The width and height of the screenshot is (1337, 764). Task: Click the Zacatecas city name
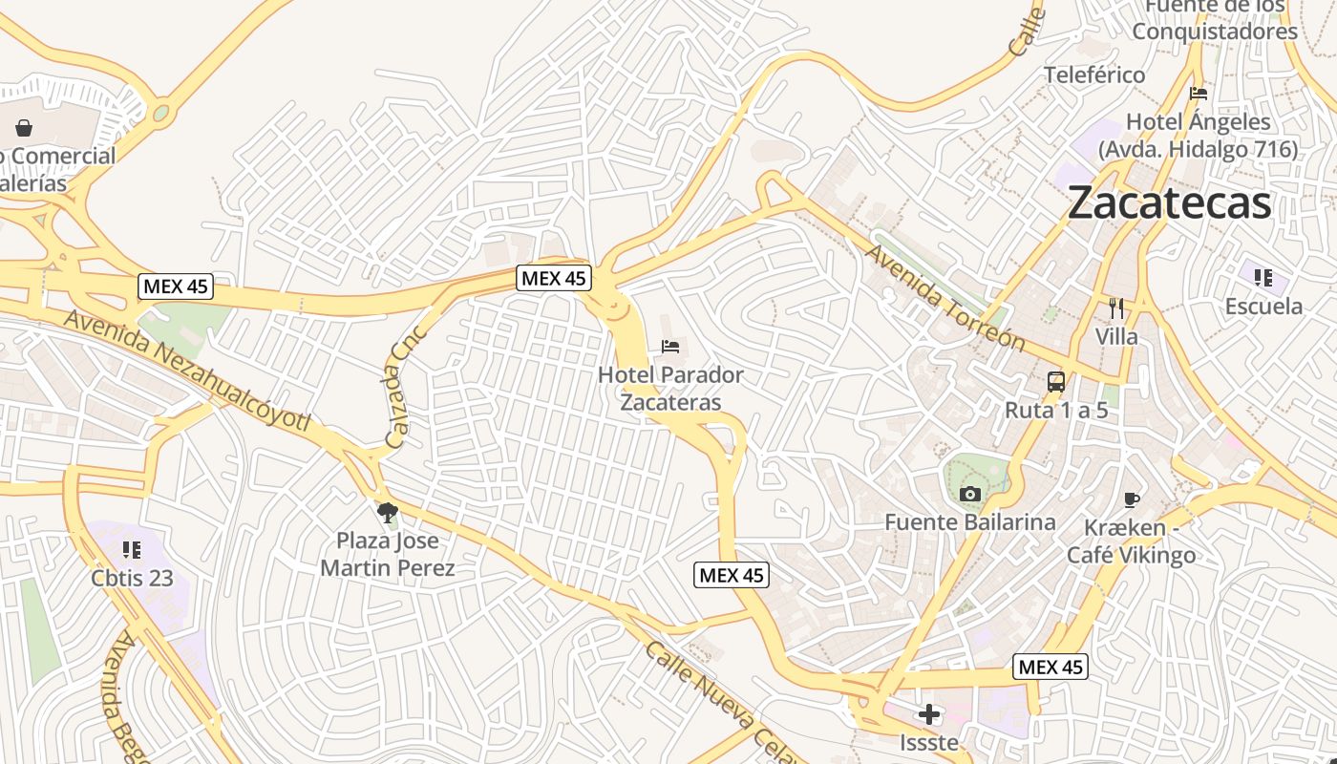1169,202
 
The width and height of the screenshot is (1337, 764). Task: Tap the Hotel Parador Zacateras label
670,388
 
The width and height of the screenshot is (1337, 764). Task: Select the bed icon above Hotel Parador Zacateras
670,346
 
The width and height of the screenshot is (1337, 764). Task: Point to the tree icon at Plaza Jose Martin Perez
387,514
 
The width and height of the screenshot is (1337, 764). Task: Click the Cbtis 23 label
133,578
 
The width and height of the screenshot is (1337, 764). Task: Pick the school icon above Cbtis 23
132,549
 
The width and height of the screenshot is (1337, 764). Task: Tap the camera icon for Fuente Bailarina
970,494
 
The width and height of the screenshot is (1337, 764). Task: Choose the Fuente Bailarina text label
970,522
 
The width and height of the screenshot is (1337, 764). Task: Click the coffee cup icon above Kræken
1132,499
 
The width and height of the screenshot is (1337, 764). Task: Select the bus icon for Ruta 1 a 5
1056,382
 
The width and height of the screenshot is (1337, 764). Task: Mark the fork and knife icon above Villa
1116,308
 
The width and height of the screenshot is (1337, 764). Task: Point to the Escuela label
1263,307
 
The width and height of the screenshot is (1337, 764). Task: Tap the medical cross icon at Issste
928,714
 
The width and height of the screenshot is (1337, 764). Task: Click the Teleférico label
1094,74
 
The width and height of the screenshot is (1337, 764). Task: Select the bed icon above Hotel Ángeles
1199,94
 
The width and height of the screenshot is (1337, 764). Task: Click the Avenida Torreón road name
945,298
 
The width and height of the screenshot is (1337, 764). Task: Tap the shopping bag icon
24,127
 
